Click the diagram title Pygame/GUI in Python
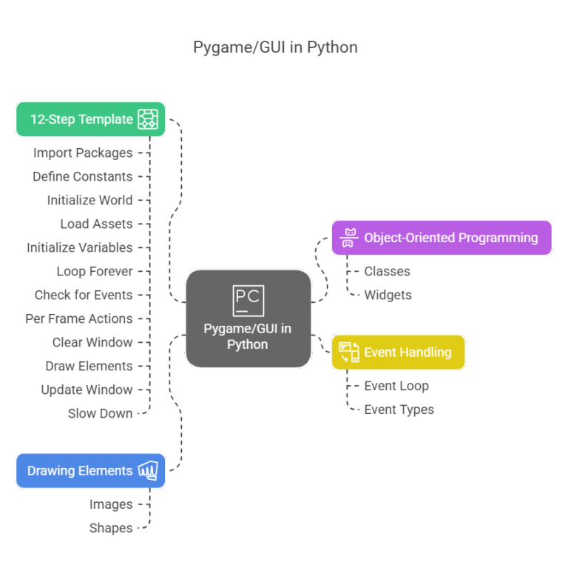(x=275, y=48)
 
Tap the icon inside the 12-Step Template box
(x=147, y=119)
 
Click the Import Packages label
(x=83, y=153)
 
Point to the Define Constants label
(x=82, y=177)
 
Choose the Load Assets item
(x=96, y=224)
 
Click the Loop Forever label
(x=95, y=271)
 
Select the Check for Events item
(x=84, y=295)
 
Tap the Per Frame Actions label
(x=79, y=318)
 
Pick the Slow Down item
(x=100, y=413)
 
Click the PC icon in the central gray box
(x=248, y=300)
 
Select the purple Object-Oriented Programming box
(x=441, y=238)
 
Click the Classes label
(x=387, y=271)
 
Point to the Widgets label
(x=388, y=295)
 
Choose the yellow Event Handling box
(x=398, y=352)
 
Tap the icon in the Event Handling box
(x=349, y=352)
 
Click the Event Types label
(x=399, y=410)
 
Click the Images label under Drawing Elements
(x=111, y=504)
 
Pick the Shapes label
(x=111, y=528)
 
